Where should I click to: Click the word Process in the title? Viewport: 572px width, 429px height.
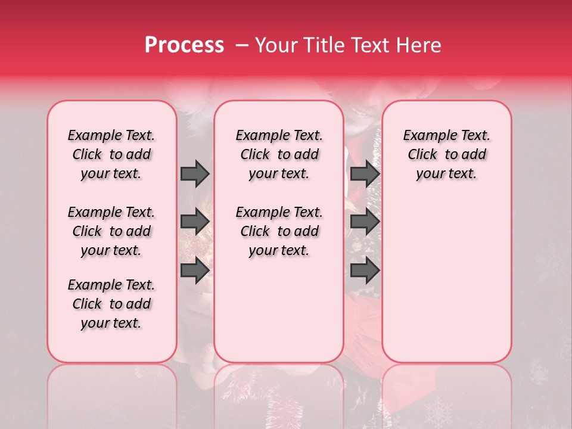point(184,45)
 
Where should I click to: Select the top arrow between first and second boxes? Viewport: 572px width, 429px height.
point(195,173)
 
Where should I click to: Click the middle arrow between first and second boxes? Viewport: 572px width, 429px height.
point(195,222)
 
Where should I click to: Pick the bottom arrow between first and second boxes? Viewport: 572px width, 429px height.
point(195,271)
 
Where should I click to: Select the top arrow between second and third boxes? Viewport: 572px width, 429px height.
point(365,173)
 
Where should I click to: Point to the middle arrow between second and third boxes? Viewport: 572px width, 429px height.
point(365,222)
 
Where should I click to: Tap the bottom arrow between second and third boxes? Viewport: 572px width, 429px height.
point(365,271)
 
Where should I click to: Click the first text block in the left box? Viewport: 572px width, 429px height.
point(111,155)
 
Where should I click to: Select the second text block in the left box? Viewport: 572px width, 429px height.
point(111,231)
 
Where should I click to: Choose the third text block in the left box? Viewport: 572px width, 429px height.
point(111,304)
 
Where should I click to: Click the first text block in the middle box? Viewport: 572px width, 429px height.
point(279,155)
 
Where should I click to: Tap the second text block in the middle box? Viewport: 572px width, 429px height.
point(279,231)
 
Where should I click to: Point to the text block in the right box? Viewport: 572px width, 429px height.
point(447,155)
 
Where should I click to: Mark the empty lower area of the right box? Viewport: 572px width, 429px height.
point(447,280)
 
